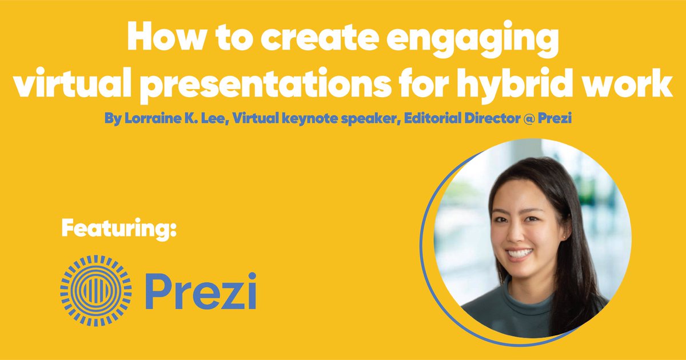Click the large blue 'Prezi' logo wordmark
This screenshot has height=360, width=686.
pos(200,290)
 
